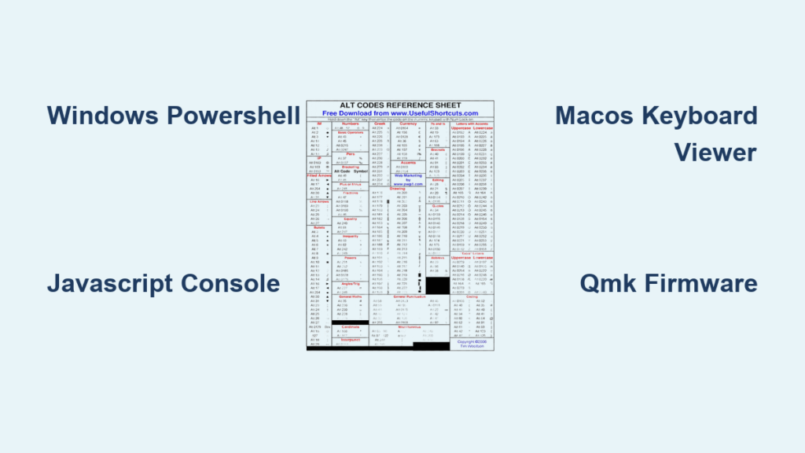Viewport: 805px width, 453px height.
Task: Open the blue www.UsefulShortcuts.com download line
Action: (x=402, y=113)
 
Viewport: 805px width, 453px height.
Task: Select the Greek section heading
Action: (x=380, y=123)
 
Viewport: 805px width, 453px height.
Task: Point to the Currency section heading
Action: (x=408, y=123)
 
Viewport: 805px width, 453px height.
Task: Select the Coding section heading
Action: (x=472, y=296)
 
